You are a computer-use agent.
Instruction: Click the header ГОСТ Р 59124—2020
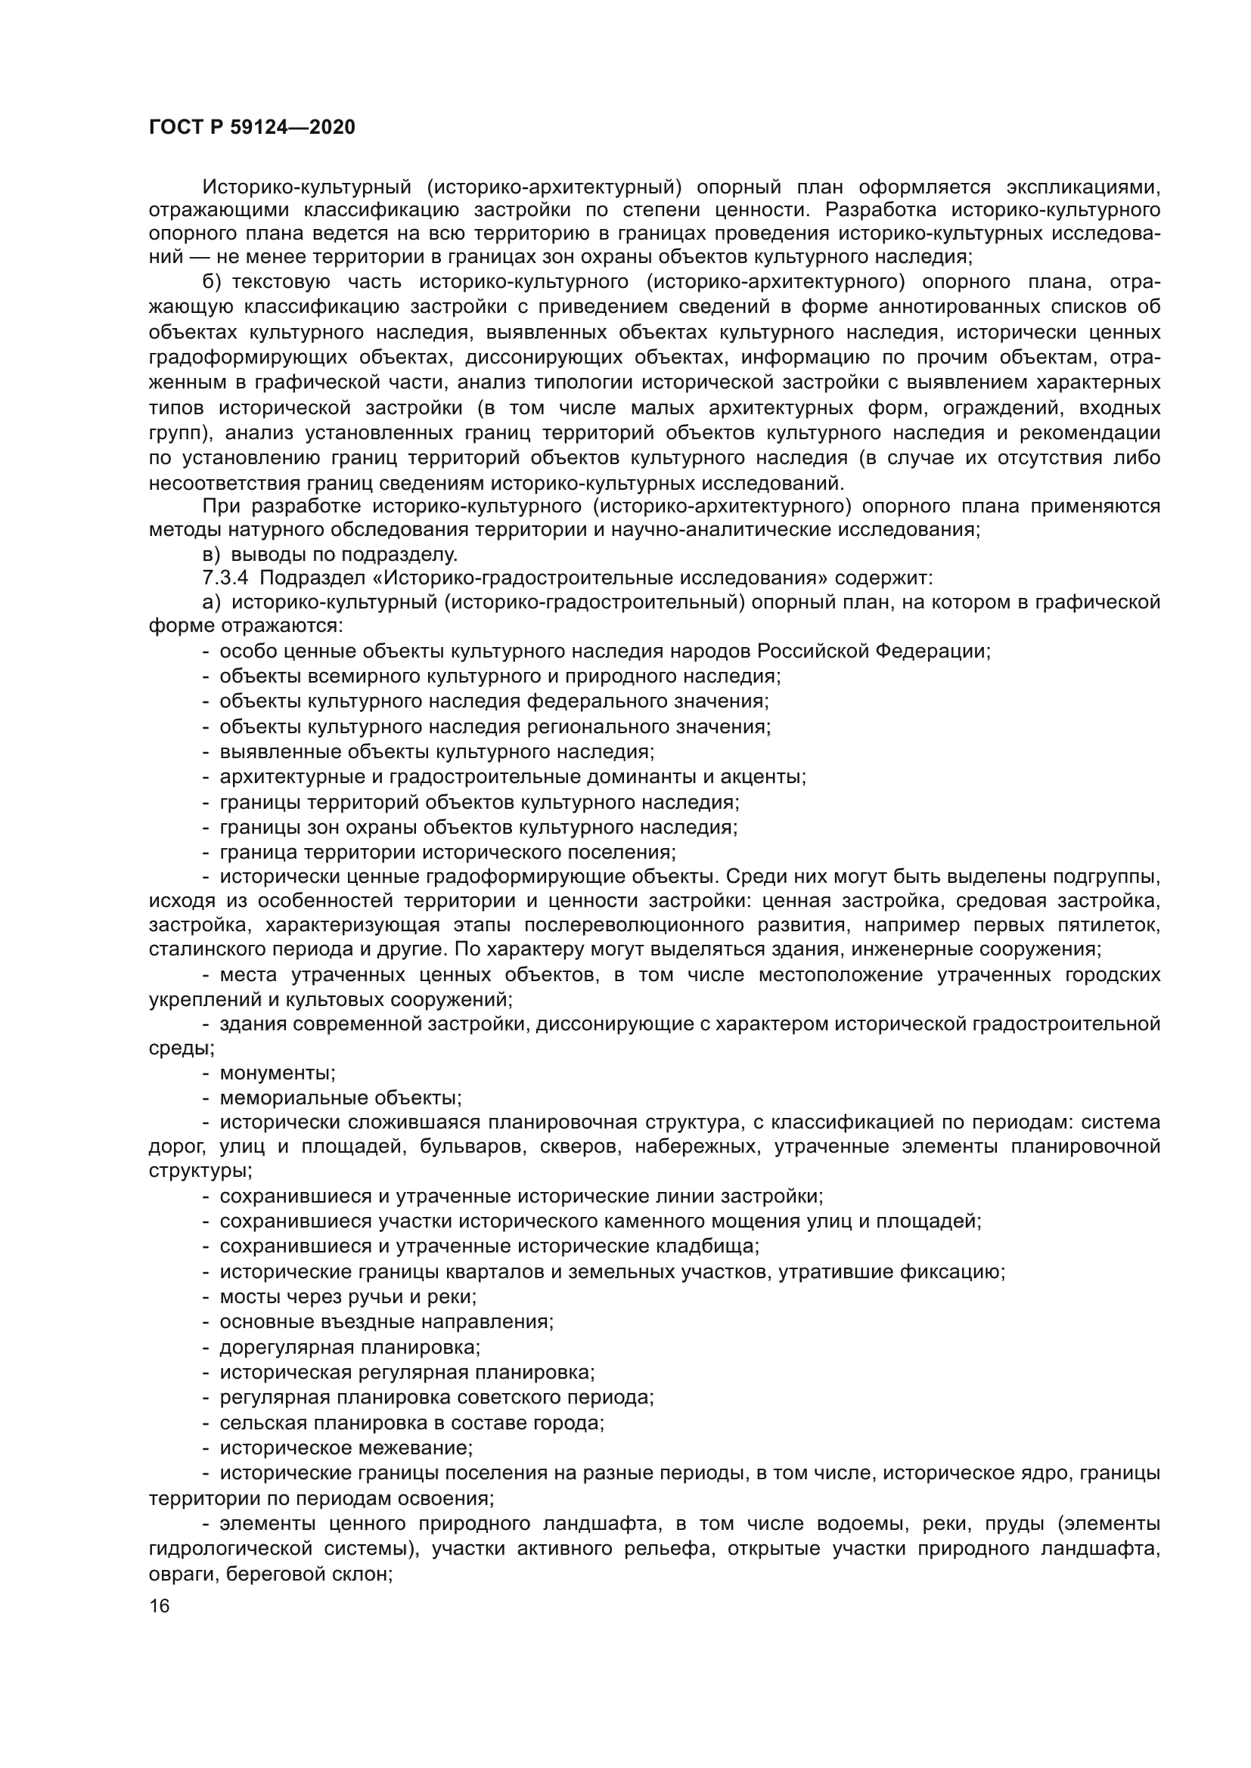click(x=252, y=128)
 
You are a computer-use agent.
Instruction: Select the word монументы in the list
click(x=278, y=1073)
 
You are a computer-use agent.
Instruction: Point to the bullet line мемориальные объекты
click(x=340, y=1098)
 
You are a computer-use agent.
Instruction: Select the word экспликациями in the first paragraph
click(x=1083, y=187)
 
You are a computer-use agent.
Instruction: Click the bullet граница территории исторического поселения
click(x=448, y=853)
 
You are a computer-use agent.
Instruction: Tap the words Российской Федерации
click(x=873, y=652)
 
